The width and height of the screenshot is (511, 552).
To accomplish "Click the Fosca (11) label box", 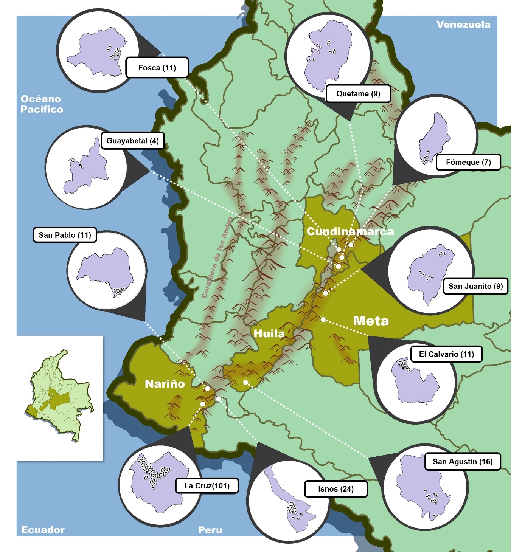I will point(157,68).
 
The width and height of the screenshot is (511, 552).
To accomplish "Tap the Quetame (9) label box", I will point(358,94).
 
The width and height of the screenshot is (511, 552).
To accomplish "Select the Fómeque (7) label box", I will point(468,162).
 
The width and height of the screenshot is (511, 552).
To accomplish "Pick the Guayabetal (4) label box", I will point(132,141).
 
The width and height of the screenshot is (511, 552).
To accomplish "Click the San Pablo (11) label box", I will point(65,235).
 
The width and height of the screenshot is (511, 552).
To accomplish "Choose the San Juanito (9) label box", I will point(475,286).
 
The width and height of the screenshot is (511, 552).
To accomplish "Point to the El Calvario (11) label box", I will point(446,354).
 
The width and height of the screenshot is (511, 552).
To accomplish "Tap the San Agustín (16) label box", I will point(463,462).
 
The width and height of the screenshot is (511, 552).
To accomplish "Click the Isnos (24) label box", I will point(335,489).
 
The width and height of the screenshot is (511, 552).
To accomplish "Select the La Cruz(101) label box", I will point(207,486).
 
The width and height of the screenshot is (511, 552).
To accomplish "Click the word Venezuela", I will point(463,25).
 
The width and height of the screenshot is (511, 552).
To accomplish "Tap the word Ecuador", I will point(43,530).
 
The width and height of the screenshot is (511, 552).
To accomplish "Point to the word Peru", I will point(210,530).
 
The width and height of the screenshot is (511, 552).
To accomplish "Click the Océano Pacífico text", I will point(42,104).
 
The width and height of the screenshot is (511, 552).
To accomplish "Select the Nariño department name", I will point(165,384).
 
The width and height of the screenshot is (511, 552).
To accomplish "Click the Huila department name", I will point(269,333).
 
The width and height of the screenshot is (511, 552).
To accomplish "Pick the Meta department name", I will point(371,321).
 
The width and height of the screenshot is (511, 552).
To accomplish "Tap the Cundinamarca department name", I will point(350,231).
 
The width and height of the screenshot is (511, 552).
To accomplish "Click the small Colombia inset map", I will point(60,397).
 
